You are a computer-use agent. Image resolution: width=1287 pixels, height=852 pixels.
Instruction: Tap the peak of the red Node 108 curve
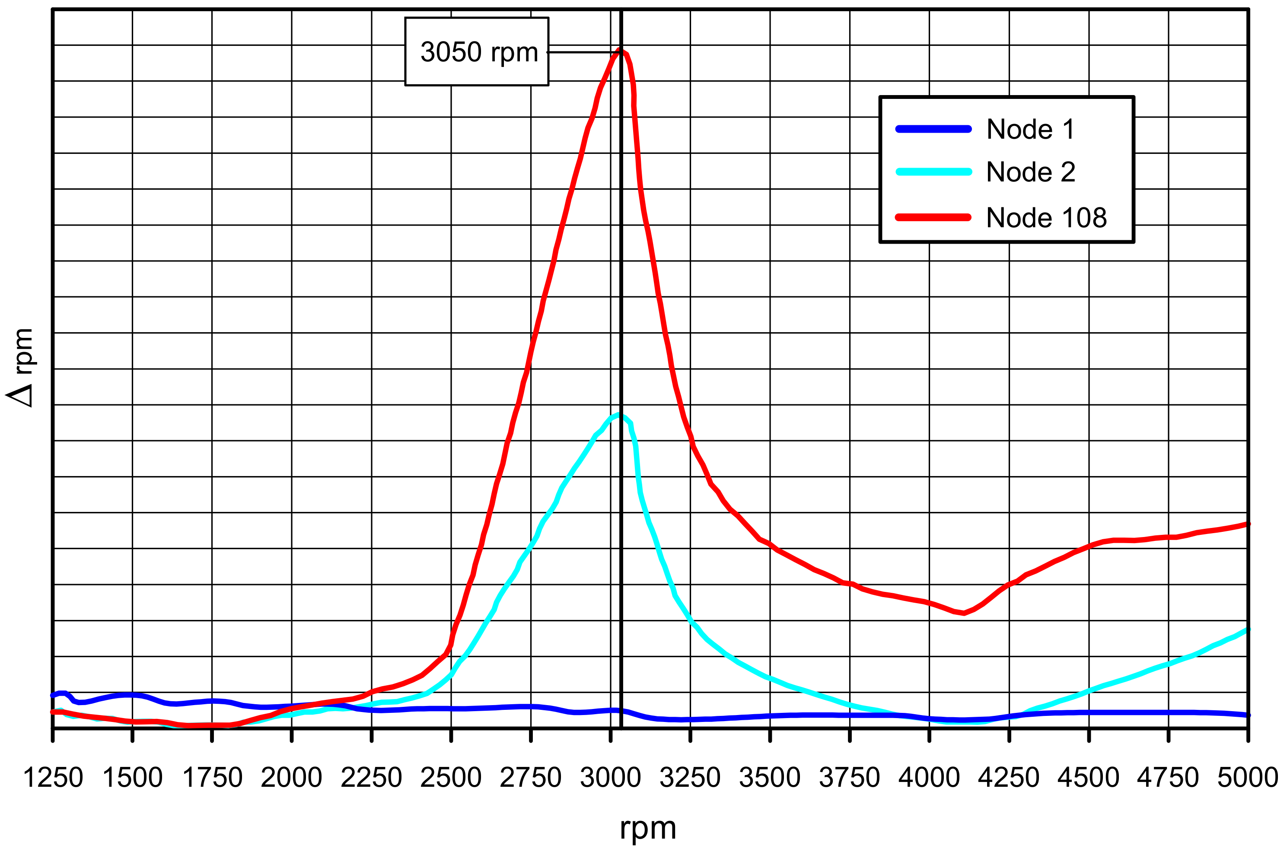[x=620, y=51]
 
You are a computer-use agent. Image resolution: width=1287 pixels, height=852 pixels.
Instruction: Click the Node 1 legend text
[x=1030, y=129]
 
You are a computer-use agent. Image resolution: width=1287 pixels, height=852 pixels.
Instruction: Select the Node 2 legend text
[x=1030, y=172]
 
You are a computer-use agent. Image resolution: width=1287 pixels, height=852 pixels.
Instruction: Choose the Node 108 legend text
[x=1046, y=218]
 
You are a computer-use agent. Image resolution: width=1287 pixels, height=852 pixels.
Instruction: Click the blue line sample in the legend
[x=933, y=129]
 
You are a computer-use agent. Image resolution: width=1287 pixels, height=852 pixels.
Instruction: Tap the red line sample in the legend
[x=933, y=217]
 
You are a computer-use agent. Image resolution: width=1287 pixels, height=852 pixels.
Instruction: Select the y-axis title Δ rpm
[x=21, y=368]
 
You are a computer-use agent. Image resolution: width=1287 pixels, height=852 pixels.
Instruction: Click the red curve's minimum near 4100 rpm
[x=963, y=613]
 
